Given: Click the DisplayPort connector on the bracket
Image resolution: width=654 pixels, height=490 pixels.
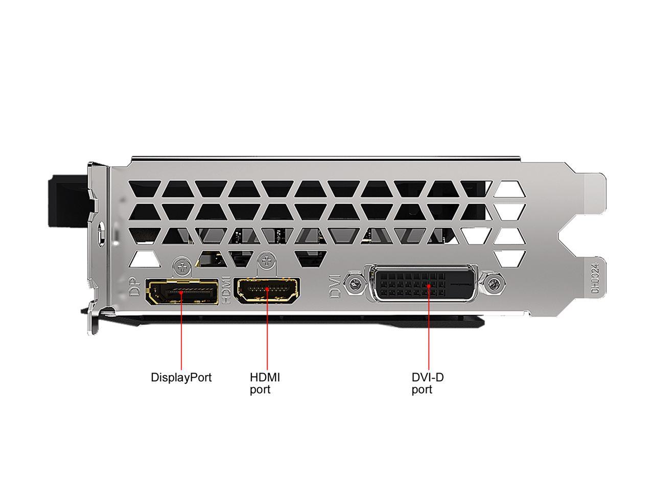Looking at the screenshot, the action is [182, 291].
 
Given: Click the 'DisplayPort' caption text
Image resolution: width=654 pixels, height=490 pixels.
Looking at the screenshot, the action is [181, 377].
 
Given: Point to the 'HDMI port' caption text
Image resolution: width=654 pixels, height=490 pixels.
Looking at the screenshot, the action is [265, 383].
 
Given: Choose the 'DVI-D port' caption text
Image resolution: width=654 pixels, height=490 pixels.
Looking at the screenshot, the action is [427, 383].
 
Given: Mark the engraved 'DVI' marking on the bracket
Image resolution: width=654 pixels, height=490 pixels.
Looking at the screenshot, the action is [335, 286].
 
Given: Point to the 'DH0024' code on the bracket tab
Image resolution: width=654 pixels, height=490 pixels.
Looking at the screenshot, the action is [595, 278].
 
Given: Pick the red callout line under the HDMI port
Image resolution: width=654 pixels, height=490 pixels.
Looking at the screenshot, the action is [267, 329].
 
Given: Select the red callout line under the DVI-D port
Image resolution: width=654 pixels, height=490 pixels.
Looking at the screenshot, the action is [429, 328].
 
